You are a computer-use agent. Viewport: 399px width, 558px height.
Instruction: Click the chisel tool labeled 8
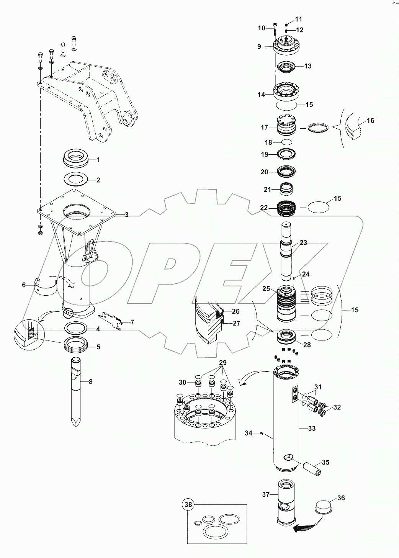click(76, 391)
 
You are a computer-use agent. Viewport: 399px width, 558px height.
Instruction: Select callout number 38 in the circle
click(188, 505)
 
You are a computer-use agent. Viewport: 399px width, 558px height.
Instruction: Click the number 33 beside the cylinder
click(312, 429)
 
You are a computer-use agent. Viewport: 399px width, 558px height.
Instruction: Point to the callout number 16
click(370, 121)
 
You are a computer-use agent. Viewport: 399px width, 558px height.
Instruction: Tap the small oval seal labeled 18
click(286, 142)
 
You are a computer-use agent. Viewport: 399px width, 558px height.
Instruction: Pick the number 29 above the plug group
click(222, 362)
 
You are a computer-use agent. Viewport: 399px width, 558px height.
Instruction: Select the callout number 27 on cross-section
click(236, 323)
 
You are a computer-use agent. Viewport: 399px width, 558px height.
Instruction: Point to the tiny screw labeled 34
click(261, 433)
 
